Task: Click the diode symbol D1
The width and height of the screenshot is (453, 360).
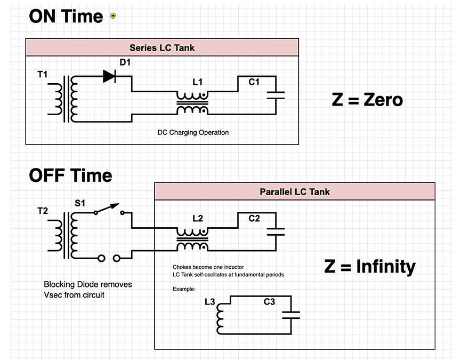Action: [109, 76]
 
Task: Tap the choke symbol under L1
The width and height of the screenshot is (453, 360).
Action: [193, 102]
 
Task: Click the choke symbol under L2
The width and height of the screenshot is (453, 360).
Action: [193, 239]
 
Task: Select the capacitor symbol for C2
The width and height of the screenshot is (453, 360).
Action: [276, 231]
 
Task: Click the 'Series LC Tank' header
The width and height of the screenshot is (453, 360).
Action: [162, 48]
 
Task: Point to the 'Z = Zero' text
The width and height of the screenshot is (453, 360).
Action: [367, 100]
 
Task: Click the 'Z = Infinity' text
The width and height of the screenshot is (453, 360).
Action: [370, 266]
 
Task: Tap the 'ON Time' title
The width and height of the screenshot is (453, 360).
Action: [66, 16]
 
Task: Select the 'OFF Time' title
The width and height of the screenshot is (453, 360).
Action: [70, 175]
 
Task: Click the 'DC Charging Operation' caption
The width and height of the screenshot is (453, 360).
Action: [193, 132]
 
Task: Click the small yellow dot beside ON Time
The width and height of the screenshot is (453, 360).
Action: [112, 16]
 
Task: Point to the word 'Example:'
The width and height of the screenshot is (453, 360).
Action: [184, 289]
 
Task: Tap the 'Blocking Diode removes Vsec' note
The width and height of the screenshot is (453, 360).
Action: [88, 289]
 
